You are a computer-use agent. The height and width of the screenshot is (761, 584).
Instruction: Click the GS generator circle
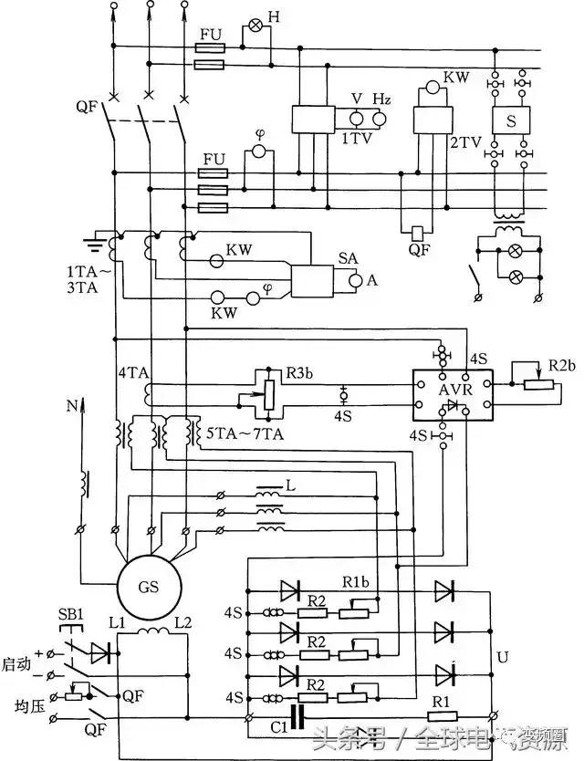[148, 587]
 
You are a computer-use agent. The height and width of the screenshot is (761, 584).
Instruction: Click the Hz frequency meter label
[381, 99]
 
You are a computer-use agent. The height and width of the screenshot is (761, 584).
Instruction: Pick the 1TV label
[356, 140]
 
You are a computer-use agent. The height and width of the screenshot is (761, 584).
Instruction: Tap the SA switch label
[349, 259]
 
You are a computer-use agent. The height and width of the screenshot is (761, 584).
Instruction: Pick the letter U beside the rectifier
[503, 657]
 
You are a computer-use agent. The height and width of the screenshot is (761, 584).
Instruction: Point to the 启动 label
[16, 665]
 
